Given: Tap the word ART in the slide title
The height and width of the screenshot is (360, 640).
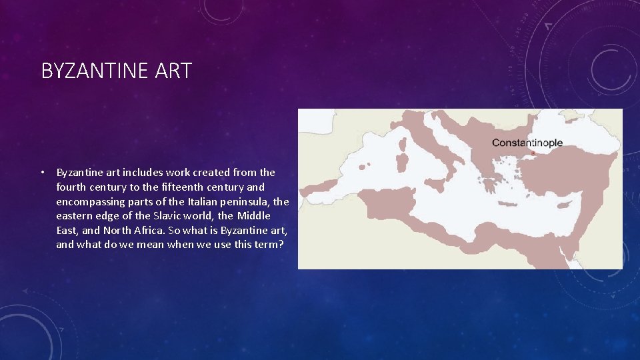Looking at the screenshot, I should (x=174, y=71).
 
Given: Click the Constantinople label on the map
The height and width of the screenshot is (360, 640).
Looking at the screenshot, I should (x=527, y=143).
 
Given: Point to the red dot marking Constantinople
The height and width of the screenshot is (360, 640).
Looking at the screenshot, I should (x=533, y=153).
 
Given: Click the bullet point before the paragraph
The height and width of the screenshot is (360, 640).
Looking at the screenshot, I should (x=41, y=173).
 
